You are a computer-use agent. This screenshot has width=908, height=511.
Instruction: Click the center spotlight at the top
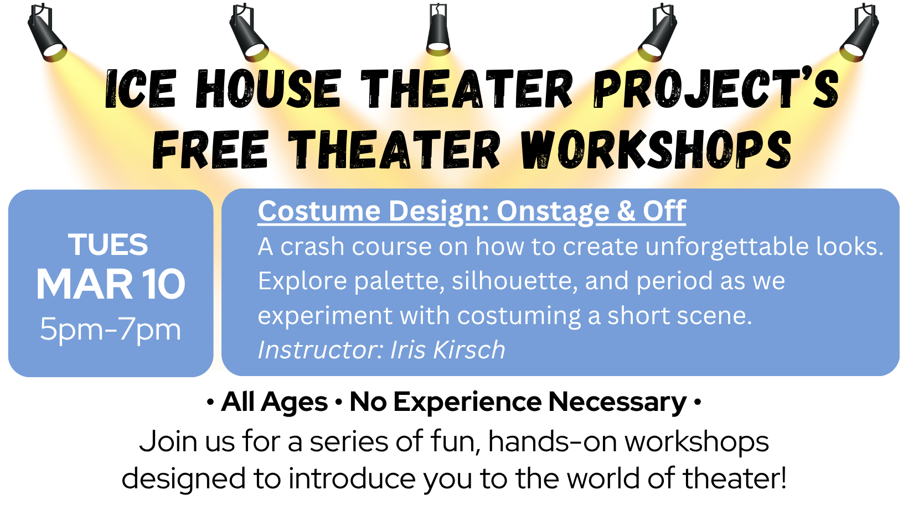click(x=438, y=30)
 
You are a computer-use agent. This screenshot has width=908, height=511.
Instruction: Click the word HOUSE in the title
click(x=268, y=89)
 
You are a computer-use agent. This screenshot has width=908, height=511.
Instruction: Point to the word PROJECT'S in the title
click(x=716, y=89)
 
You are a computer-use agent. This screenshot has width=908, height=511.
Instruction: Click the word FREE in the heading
click(x=210, y=150)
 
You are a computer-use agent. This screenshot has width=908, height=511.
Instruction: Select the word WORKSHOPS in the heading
click(x=656, y=150)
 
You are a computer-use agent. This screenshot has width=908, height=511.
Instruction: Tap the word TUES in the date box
click(x=108, y=244)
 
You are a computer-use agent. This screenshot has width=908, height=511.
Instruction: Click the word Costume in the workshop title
click(x=319, y=211)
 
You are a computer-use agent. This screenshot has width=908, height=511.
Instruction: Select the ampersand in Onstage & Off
click(x=626, y=211)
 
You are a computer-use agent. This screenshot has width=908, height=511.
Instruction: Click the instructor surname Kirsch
click(x=469, y=350)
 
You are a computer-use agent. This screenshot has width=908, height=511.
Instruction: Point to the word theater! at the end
click(x=735, y=478)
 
